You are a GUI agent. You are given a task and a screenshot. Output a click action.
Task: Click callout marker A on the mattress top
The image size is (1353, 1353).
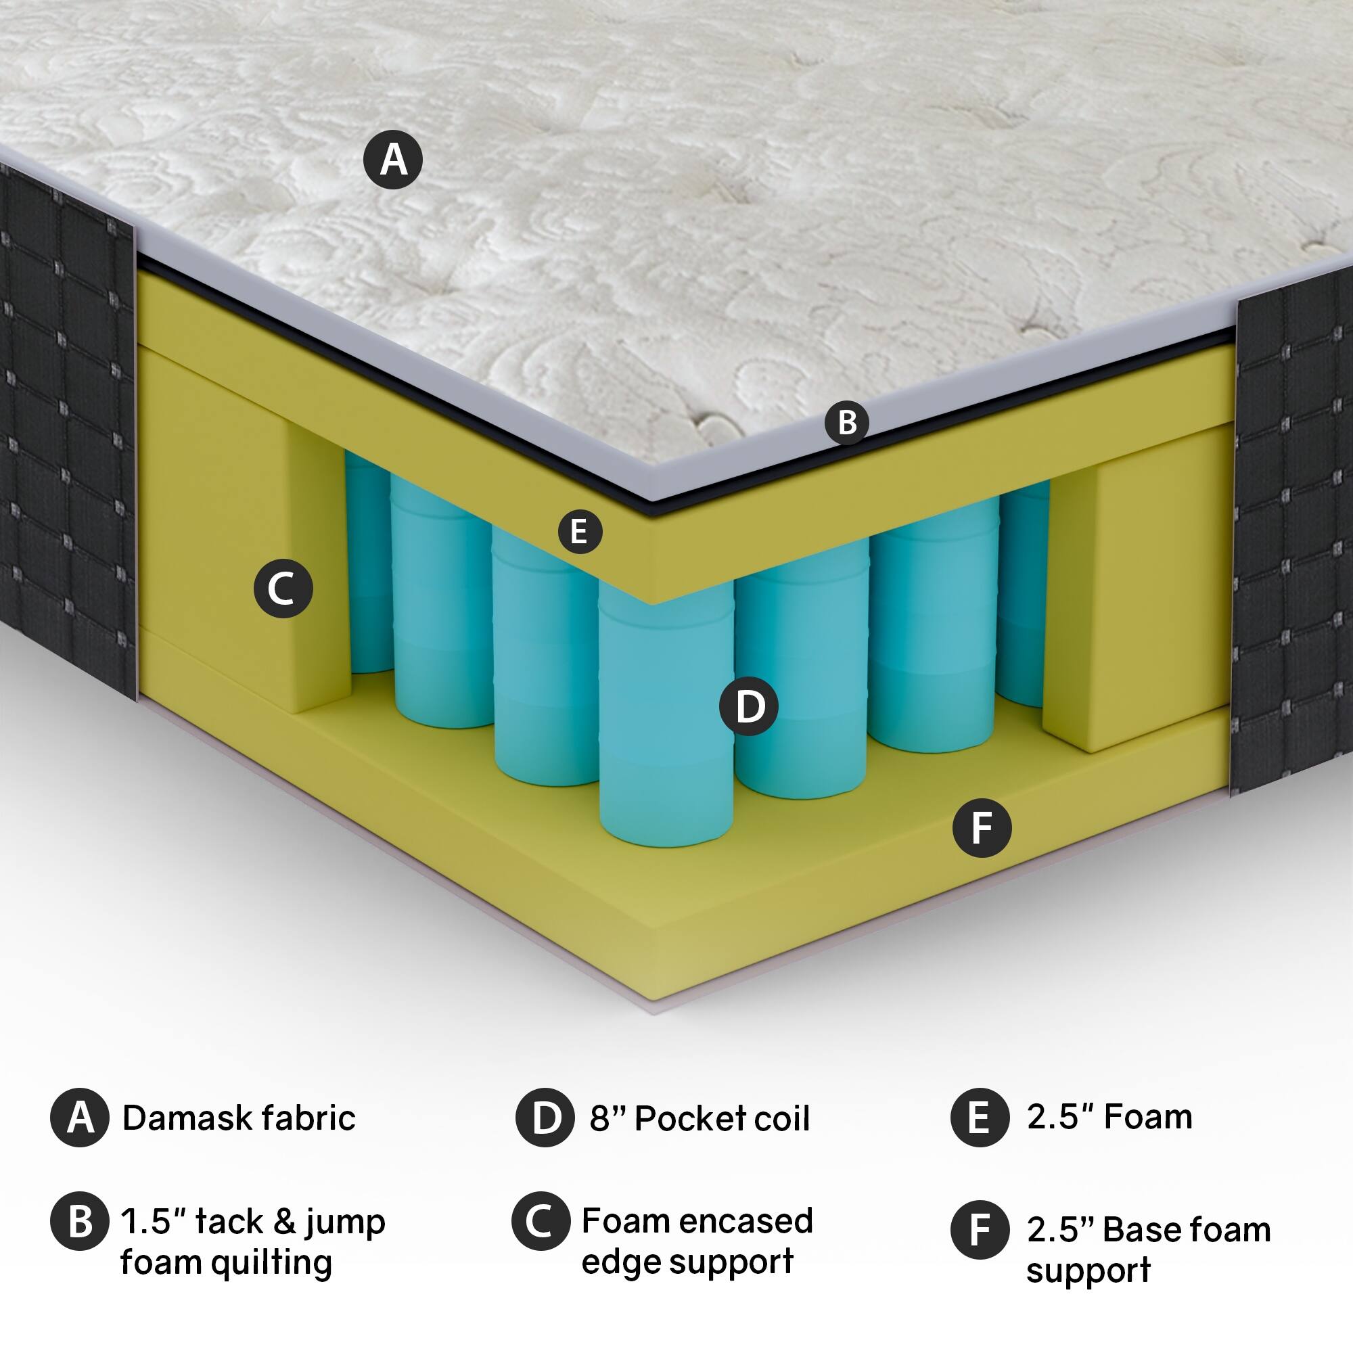point(393,160)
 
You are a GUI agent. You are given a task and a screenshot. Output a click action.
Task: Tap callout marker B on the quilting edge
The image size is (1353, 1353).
point(847,422)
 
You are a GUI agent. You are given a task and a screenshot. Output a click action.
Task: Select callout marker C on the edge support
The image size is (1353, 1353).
point(283,589)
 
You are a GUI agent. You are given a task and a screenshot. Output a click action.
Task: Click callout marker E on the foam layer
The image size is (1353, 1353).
point(580,532)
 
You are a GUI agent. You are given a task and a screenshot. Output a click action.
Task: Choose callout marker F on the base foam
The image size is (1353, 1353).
point(982,829)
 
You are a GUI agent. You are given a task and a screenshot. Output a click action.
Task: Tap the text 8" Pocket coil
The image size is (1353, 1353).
point(699,1119)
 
